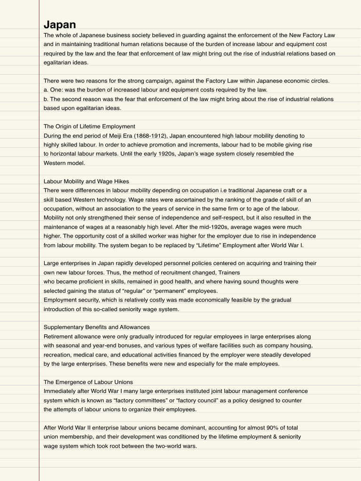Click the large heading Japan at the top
(x=60, y=25)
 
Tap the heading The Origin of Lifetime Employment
(x=89, y=126)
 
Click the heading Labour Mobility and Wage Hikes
(x=86, y=181)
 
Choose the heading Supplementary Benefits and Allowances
(x=96, y=327)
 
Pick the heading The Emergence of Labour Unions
(x=88, y=382)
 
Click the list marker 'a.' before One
(x=46, y=90)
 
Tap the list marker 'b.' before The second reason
(x=46, y=99)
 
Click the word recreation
(x=58, y=355)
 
